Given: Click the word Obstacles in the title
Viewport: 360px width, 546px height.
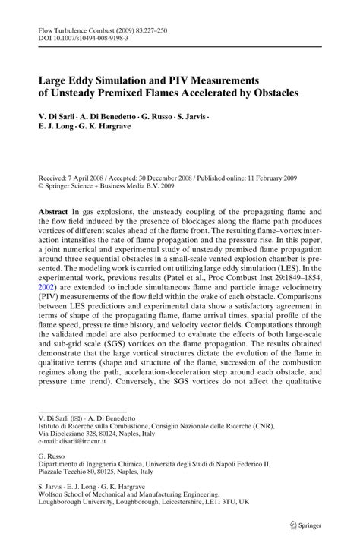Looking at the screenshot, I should tap(272, 92).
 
